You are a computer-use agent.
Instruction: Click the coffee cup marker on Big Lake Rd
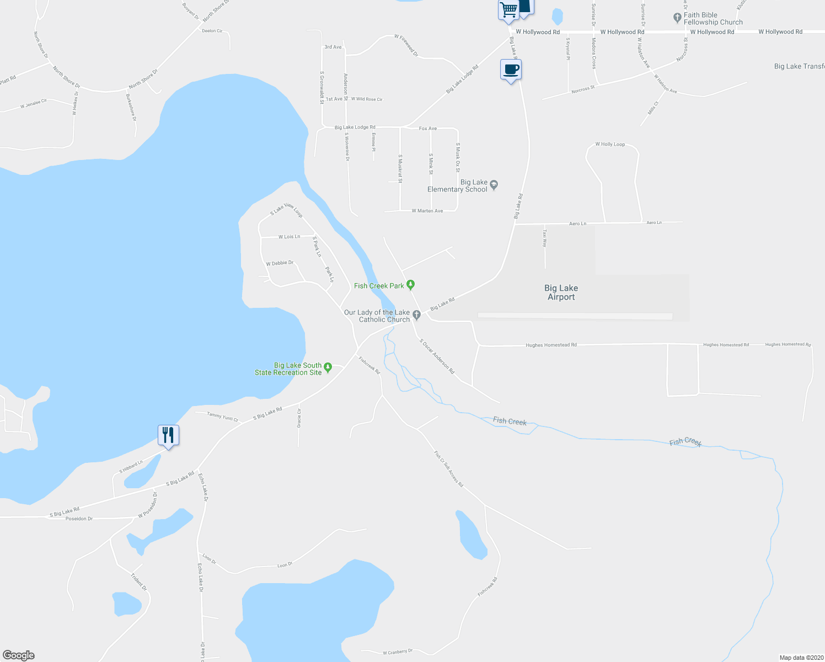[x=511, y=70]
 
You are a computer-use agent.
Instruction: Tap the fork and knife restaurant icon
[x=168, y=435]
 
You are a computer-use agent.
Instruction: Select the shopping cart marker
[x=508, y=10]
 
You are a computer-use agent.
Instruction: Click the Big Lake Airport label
[x=561, y=292]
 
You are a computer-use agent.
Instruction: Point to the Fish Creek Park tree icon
[x=410, y=285]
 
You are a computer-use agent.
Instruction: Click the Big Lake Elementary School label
[x=457, y=186]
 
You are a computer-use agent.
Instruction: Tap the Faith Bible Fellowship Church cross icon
[x=678, y=18]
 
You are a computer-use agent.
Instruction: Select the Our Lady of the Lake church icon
[x=417, y=315]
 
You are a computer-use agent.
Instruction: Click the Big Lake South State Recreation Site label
[x=288, y=369]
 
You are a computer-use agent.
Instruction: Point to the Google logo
[x=19, y=655]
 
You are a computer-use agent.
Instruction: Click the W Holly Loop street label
[x=610, y=145]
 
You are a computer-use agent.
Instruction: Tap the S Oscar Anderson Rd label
[x=437, y=356]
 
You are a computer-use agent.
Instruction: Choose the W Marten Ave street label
[x=427, y=211]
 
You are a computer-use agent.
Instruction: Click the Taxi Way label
[x=545, y=241]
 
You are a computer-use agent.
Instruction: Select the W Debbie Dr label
[x=280, y=263]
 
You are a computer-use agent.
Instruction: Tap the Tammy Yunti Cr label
[x=222, y=417]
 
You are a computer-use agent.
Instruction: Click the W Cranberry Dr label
[x=398, y=652]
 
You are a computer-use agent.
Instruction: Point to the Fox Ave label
[x=427, y=129]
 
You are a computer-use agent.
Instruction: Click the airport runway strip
[x=575, y=316]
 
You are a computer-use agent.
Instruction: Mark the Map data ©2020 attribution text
[x=800, y=658]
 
